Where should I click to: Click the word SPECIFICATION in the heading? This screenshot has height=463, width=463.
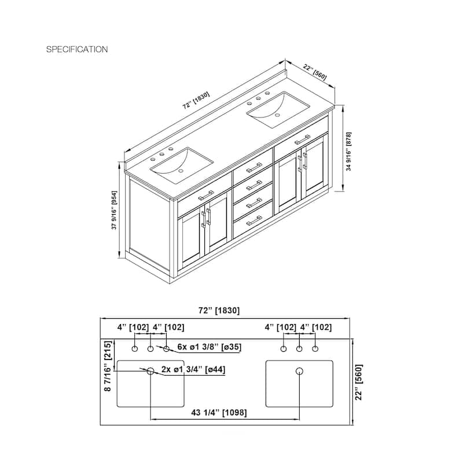coord(77,50)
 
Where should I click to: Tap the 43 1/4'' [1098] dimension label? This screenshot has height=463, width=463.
coord(219,413)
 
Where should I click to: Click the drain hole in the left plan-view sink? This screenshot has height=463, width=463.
coord(150,370)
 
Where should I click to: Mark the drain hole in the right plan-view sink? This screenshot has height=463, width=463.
coord(299,370)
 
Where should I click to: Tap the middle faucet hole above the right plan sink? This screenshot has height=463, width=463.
coord(299,349)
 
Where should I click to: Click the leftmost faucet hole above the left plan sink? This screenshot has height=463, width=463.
coord(135,349)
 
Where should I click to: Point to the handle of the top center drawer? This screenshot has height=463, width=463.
coord(254,168)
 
